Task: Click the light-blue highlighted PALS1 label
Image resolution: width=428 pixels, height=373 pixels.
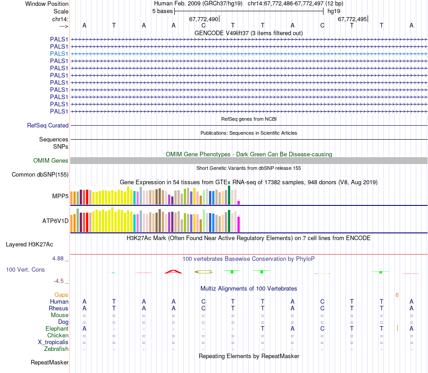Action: click(x=59, y=54)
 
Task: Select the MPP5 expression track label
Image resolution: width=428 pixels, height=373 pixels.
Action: click(x=60, y=196)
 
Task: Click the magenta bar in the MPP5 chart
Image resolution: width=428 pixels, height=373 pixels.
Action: click(x=239, y=202)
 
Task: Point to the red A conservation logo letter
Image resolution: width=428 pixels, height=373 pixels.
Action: click(x=173, y=272)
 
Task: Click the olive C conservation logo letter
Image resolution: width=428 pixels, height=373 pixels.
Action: click(x=203, y=272)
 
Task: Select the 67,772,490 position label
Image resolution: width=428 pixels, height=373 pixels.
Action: click(x=204, y=19)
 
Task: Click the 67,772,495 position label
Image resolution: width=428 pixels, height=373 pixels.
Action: click(x=352, y=19)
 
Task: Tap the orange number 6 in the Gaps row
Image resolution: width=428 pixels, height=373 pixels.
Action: click(x=397, y=295)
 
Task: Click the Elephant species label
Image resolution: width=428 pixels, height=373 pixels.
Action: click(x=57, y=329)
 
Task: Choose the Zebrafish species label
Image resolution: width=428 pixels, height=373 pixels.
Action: click(x=56, y=349)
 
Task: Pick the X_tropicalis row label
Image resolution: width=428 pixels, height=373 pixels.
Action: click(x=53, y=342)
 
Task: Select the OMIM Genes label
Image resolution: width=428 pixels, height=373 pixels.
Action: click(x=51, y=161)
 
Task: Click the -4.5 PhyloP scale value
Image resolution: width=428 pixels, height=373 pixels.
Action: click(x=59, y=281)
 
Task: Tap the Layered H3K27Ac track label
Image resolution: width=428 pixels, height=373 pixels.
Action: click(x=29, y=245)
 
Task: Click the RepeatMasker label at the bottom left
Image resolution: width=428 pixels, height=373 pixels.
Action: click(x=50, y=362)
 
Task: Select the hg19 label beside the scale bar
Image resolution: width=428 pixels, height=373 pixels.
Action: click(x=334, y=11)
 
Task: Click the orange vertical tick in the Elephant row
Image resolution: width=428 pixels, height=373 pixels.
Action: click(x=397, y=328)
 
